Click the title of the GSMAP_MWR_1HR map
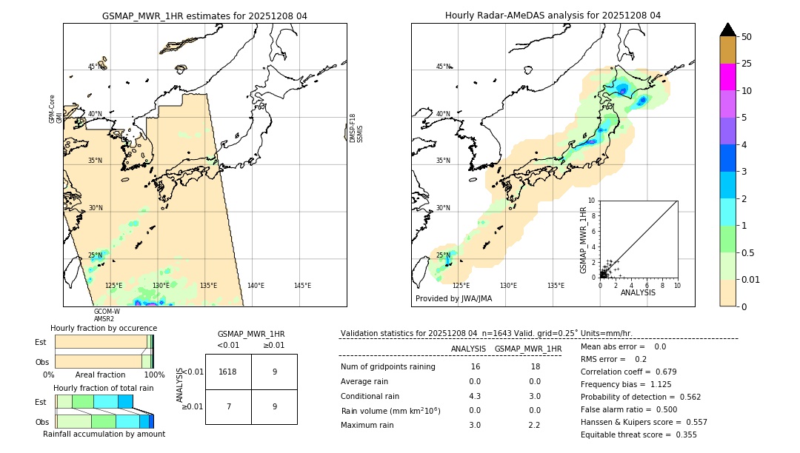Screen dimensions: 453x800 [x=204, y=16]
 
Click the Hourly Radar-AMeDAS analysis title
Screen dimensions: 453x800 [x=553, y=16]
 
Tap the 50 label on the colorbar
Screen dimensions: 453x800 [x=747, y=37]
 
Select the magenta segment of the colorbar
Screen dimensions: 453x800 [x=727, y=77]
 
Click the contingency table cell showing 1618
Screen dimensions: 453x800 [x=227, y=372]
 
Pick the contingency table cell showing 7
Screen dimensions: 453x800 [x=227, y=407]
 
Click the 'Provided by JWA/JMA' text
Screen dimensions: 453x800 [x=453, y=299]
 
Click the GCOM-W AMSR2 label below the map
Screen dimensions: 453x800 [x=104, y=315]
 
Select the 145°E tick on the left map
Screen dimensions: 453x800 [x=302, y=286]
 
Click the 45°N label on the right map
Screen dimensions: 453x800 [x=443, y=67]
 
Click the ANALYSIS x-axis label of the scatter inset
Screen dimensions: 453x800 [x=638, y=292]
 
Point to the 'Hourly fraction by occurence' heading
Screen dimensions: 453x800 [x=104, y=328]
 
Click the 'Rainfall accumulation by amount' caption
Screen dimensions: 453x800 [x=104, y=434]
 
